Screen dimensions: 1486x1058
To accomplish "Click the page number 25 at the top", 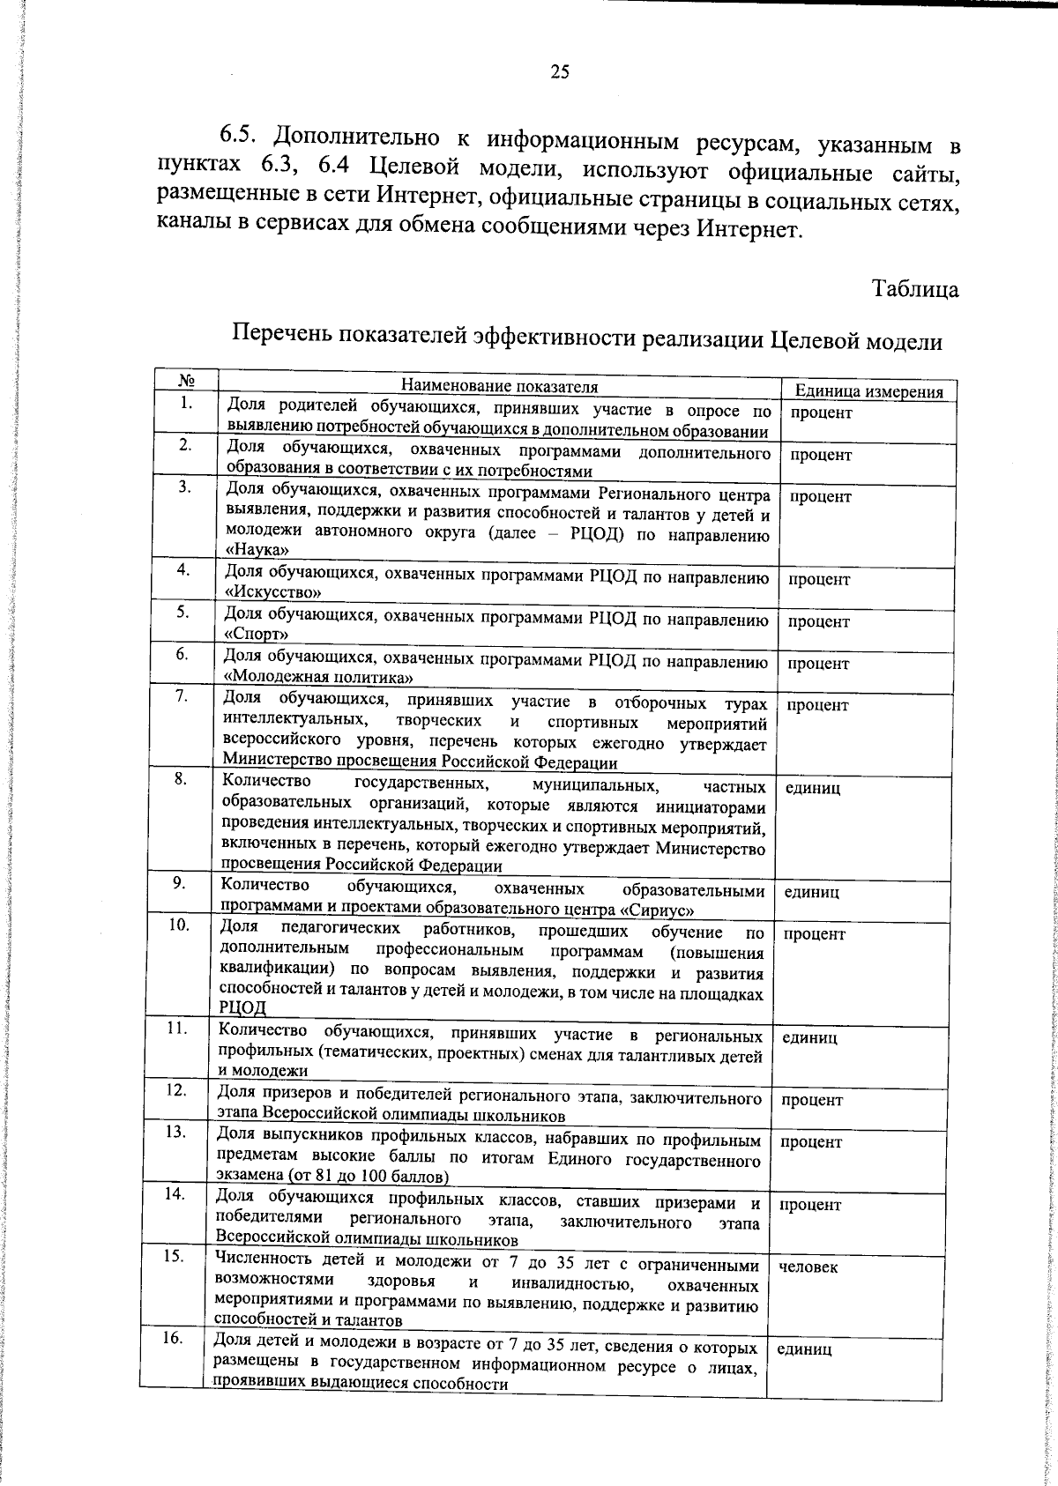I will point(560,72).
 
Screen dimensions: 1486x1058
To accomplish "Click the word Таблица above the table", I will point(914,288).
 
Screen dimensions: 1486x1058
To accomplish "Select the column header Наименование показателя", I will point(499,386).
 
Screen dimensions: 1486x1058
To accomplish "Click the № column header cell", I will point(185,381).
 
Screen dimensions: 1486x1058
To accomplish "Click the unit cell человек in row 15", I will point(808,1267).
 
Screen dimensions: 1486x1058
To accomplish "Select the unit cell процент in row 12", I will point(811,1100).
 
